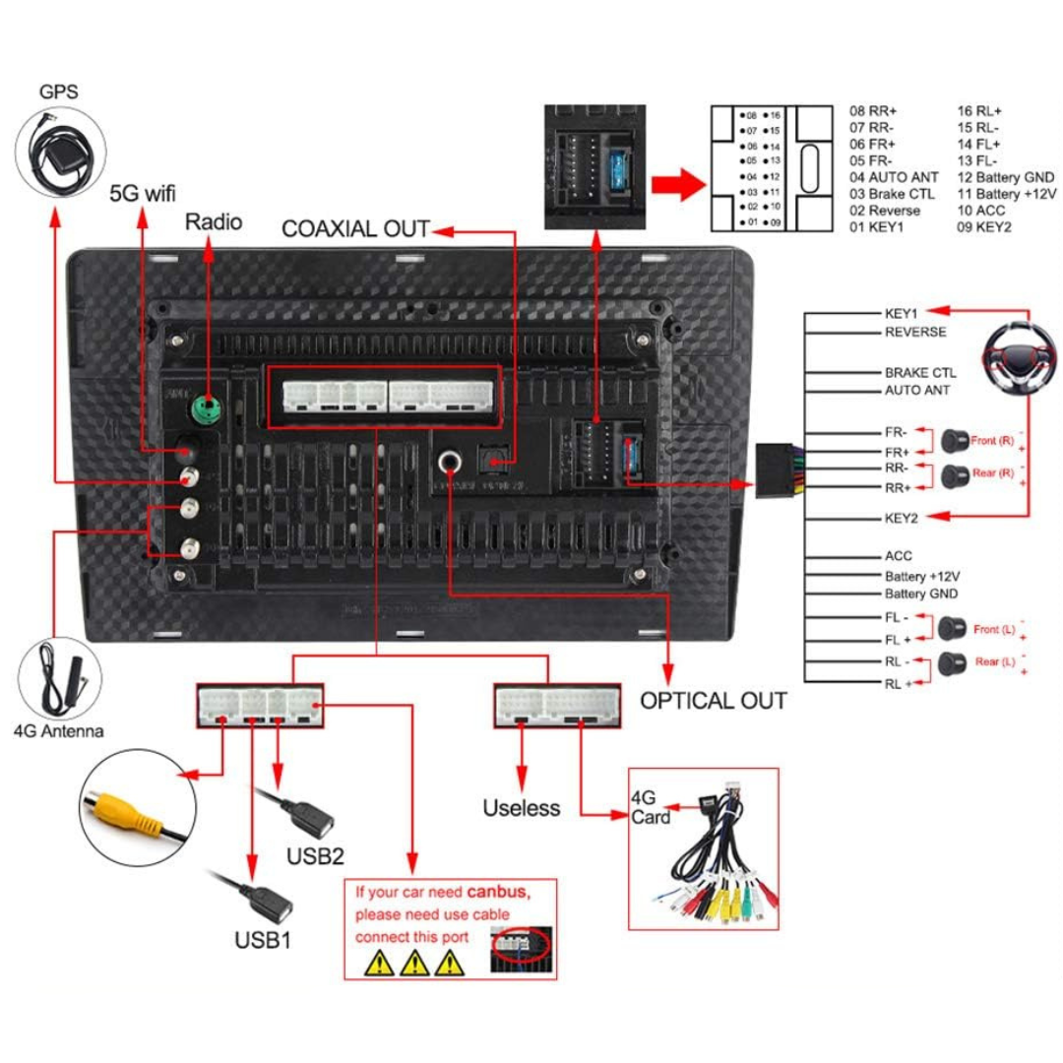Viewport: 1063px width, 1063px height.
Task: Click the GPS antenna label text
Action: (59, 93)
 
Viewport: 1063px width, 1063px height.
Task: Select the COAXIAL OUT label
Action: (355, 229)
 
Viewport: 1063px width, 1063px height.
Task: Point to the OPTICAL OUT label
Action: (714, 701)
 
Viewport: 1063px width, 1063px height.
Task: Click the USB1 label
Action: (263, 939)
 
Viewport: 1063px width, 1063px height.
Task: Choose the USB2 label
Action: (316, 853)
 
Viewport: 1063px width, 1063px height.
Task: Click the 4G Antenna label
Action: (58, 731)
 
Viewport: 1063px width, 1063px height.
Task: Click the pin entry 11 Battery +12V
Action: (1003, 193)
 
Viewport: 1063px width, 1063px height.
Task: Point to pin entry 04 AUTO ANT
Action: (893, 177)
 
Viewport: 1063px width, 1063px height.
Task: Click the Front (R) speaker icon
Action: (952, 440)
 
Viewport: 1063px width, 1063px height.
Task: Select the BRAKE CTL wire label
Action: (919, 373)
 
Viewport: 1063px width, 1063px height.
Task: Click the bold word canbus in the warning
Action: (498, 893)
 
